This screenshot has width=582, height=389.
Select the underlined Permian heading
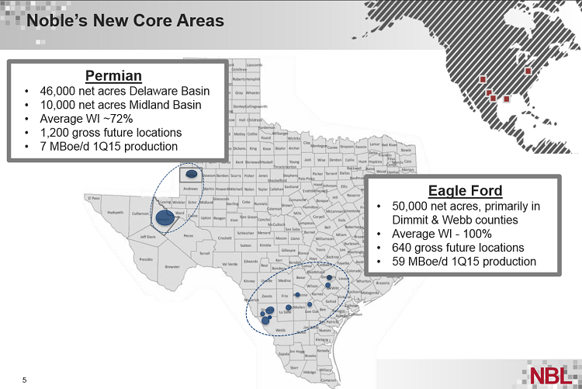click(x=113, y=75)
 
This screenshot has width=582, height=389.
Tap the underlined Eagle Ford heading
click(x=465, y=191)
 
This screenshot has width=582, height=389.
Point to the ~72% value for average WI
click(x=116, y=119)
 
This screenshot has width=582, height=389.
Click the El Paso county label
click(x=95, y=199)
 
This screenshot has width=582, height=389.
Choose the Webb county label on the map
click(x=280, y=329)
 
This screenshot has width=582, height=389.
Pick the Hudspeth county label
click(x=116, y=212)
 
